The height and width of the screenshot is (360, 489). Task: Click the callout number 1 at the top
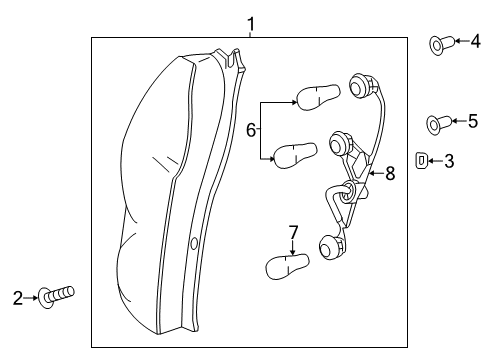pos(251,22)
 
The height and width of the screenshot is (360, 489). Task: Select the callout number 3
pos(449,159)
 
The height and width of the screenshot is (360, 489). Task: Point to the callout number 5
pos(472,121)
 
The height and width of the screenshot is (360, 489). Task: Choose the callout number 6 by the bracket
pos(251,130)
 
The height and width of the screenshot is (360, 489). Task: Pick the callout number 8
pos(389,173)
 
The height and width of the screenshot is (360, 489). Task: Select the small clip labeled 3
pos(422,159)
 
